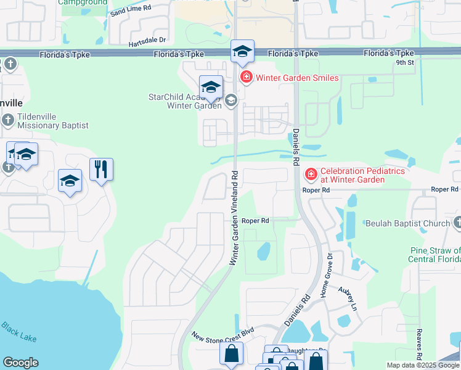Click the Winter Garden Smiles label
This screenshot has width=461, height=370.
click(x=297, y=78)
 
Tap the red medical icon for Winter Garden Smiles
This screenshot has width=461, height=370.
click(x=246, y=77)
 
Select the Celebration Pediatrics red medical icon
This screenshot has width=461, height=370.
click(x=311, y=175)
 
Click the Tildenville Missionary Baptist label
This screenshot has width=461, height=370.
click(x=53, y=121)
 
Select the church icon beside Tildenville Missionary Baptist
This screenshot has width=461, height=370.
click(x=7, y=120)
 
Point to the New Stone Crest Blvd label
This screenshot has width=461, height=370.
click(x=222, y=336)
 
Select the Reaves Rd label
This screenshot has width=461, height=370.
click(x=418, y=344)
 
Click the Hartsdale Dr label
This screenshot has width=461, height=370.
click(x=147, y=44)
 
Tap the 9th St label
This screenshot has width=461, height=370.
click(x=404, y=62)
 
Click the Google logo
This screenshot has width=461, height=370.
click(x=20, y=363)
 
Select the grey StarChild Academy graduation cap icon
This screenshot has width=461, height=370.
click(x=230, y=100)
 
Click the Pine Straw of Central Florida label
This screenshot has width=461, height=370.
click(x=434, y=255)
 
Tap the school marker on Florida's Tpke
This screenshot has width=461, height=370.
click(x=242, y=51)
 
